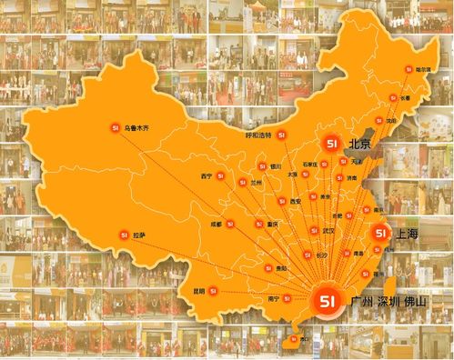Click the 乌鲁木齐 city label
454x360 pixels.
tap(142, 128)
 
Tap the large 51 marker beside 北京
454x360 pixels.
tap(332, 144)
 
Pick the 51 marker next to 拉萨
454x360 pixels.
tap(121, 235)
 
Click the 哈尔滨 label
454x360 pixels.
tap(422, 68)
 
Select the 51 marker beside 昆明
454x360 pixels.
tap(212, 291)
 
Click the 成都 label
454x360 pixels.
tap(216, 222)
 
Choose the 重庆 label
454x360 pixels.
tap(274, 224)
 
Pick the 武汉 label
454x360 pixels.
tap(328, 231)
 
